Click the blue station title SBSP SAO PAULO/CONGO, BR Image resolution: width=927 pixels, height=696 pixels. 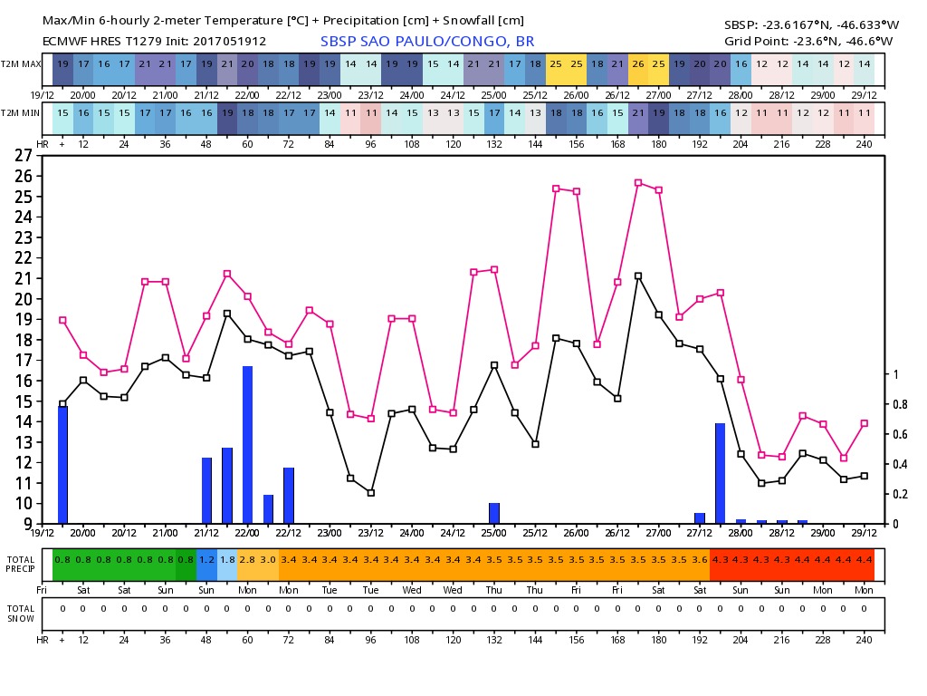[x=427, y=42]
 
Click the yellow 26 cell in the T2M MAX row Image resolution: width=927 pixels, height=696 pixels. [x=638, y=64]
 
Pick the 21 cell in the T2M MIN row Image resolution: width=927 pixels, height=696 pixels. [x=638, y=113]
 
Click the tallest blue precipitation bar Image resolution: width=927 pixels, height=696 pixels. [x=247, y=444]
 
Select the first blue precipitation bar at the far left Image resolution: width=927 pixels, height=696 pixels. [x=62, y=464]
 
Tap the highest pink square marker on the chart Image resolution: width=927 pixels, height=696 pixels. [x=638, y=183]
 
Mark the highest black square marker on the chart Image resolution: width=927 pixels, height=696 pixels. [x=638, y=276]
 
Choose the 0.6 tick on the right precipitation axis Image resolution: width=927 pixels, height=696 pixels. [x=896, y=434]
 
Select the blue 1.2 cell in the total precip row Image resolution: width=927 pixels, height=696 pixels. [x=206, y=560]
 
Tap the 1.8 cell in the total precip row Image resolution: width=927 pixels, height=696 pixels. [x=227, y=560]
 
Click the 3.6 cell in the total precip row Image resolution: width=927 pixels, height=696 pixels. [x=700, y=560]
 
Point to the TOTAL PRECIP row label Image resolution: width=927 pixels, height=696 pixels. [x=21, y=565]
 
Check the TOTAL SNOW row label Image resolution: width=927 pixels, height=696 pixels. [x=21, y=614]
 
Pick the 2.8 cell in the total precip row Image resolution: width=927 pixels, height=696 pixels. [x=247, y=560]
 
